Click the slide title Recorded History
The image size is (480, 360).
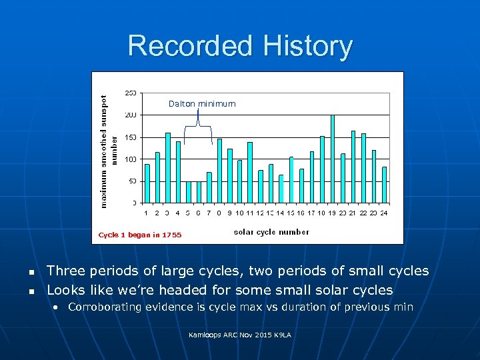[x=240, y=46]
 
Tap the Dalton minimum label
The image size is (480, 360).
[x=202, y=104]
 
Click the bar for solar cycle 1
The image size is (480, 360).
[x=147, y=183]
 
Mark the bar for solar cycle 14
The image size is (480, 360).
[x=281, y=188]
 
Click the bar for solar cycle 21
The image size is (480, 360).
[x=353, y=166]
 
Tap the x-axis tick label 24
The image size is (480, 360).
[x=384, y=213]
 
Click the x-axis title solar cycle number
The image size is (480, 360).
[x=271, y=232]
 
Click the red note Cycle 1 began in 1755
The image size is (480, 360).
[x=139, y=235]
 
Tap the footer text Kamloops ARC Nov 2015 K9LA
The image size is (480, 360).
[x=240, y=334]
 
